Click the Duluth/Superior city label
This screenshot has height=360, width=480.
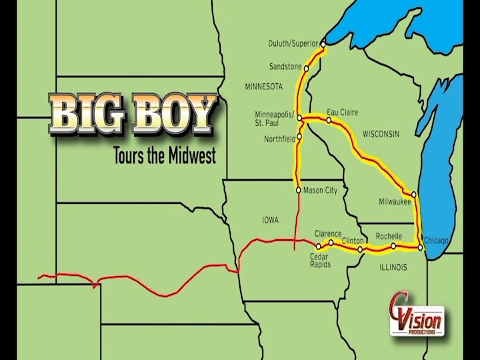coord(293,44)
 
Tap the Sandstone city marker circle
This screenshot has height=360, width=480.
coord(307,68)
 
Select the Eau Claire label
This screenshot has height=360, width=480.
coord(342,113)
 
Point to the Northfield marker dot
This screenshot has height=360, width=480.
coord(299,137)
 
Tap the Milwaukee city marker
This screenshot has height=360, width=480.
coord(414,195)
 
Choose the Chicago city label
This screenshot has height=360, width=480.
coord(435,240)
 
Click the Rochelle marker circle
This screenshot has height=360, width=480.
coord(393,246)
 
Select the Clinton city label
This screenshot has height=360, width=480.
coord(353,240)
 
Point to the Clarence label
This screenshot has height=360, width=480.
coord(328,234)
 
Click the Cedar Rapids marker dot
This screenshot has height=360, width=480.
coord(318,247)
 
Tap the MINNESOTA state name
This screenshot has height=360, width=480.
coord(264,87)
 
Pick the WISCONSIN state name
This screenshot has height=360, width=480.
coord(381,134)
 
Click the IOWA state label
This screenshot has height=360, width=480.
coord(270,220)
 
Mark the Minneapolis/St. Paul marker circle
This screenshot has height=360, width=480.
coord(300,118)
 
